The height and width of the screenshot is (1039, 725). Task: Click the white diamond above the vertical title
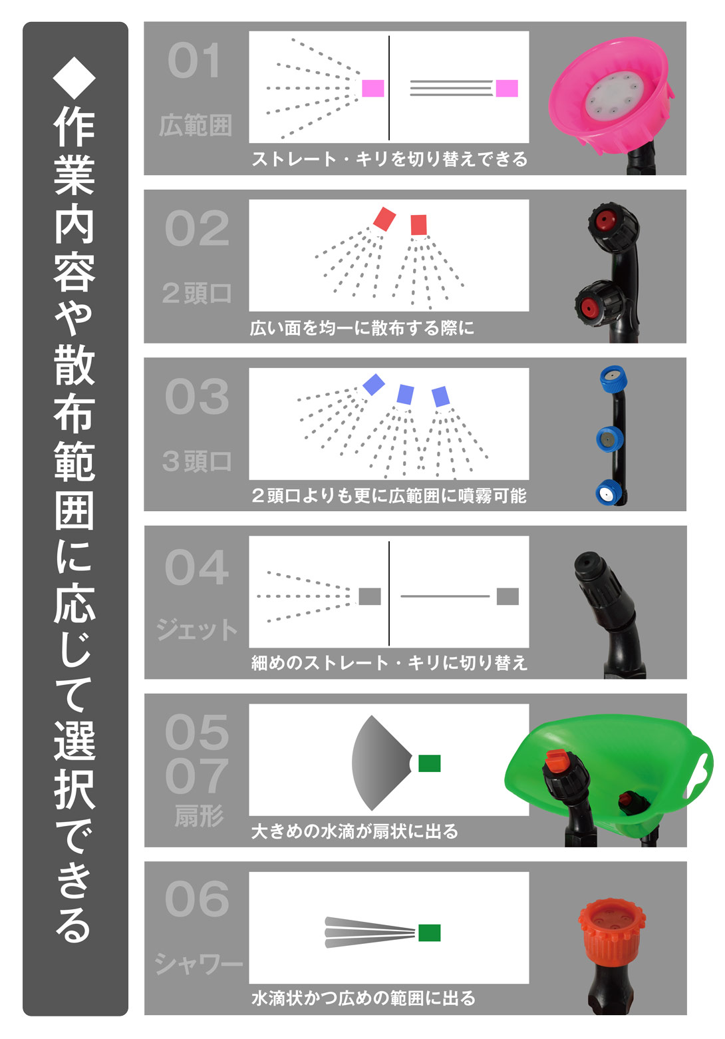tap(74, 77)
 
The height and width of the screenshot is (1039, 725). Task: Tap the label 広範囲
tap(195, 126)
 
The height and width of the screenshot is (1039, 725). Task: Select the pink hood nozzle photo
tap(611, 100)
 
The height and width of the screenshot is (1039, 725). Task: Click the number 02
tap(197, 228)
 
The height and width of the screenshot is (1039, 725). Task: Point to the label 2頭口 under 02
tap(196, 293)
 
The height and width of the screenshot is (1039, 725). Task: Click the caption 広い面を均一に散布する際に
tap(362, 328)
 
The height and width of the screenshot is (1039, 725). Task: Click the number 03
tap(197, 397)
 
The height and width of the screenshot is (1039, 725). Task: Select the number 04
tap(197, 567)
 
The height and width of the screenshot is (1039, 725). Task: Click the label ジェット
tap(197, 630)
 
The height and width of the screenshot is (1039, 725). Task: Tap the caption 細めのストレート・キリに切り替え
tap(389, 663)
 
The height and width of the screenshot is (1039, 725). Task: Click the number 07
tap(197, 776)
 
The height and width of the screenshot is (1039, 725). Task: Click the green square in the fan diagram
tap(429, 763)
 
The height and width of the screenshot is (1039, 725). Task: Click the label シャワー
tap(198, 964)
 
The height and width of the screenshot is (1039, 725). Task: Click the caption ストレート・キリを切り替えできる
tap(389, 159)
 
